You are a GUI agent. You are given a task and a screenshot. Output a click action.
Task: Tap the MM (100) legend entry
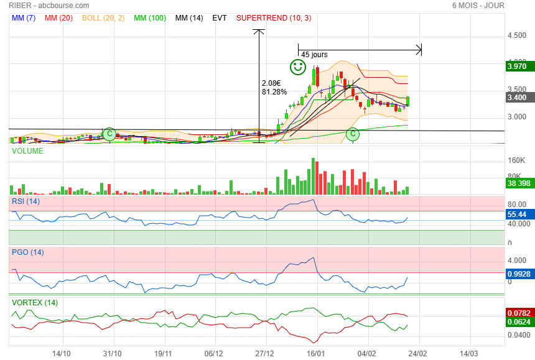(149, 18)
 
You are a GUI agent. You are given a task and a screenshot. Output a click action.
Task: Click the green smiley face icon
(298, 67)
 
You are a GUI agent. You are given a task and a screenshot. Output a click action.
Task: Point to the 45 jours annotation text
(314, 55)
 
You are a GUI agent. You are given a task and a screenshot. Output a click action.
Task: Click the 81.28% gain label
(274, 92)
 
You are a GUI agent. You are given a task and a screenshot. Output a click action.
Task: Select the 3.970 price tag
(517, 66)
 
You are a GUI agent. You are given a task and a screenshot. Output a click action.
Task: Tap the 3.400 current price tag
(517, 97)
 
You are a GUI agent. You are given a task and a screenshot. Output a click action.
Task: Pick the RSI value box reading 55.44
(517, 214)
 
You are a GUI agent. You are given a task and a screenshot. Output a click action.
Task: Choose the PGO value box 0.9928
(518, 273)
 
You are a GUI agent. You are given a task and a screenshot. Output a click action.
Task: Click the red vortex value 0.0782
(518, 312)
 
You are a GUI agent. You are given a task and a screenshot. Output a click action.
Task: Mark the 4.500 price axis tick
(517, 36)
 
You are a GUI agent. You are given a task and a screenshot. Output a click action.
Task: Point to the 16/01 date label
(316, 353)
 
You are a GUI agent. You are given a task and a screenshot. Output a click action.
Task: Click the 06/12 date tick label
(214, 353)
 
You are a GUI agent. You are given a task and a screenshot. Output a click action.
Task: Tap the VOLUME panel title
(27, 151)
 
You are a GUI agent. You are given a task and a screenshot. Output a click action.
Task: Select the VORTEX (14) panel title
(34, 303)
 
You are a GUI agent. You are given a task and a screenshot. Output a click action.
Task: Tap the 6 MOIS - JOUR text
(478, 6)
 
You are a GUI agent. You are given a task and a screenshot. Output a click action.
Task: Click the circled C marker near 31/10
(109, 134)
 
